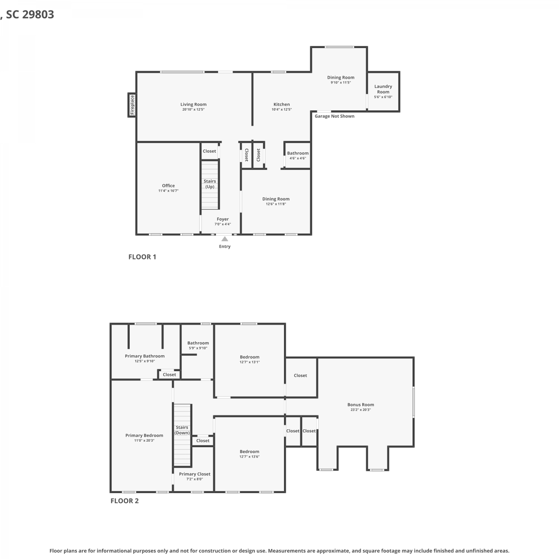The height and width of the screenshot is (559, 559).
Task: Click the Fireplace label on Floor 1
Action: point(132,105)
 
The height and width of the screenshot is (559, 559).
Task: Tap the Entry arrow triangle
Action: point(225,239)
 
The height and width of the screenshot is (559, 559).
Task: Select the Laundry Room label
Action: point(383,89)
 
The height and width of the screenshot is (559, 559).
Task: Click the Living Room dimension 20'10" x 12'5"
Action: point(193,110)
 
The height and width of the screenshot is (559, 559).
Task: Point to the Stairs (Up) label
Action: point(210,184)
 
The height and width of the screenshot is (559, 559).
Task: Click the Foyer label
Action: point(223,219)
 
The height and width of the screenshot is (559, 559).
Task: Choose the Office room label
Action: point(168,186)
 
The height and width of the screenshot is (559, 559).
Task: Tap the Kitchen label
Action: point(282,104)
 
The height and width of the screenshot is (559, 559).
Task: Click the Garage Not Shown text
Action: point(335,116)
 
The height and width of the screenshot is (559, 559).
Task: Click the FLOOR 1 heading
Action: point(142,257)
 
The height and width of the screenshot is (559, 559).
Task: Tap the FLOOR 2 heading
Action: point(124,501)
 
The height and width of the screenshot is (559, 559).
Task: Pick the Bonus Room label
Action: point(361,405)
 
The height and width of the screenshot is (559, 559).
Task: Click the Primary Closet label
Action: point(195,474)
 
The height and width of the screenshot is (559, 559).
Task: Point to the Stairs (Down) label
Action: point(182,430)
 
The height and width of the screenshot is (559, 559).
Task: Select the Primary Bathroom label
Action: point(145,356)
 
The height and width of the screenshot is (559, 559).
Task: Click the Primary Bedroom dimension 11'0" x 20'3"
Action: point(144,440)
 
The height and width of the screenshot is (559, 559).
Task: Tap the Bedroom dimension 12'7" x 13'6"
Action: point(250,457)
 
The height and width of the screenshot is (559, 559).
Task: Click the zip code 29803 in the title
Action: point(38,15)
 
